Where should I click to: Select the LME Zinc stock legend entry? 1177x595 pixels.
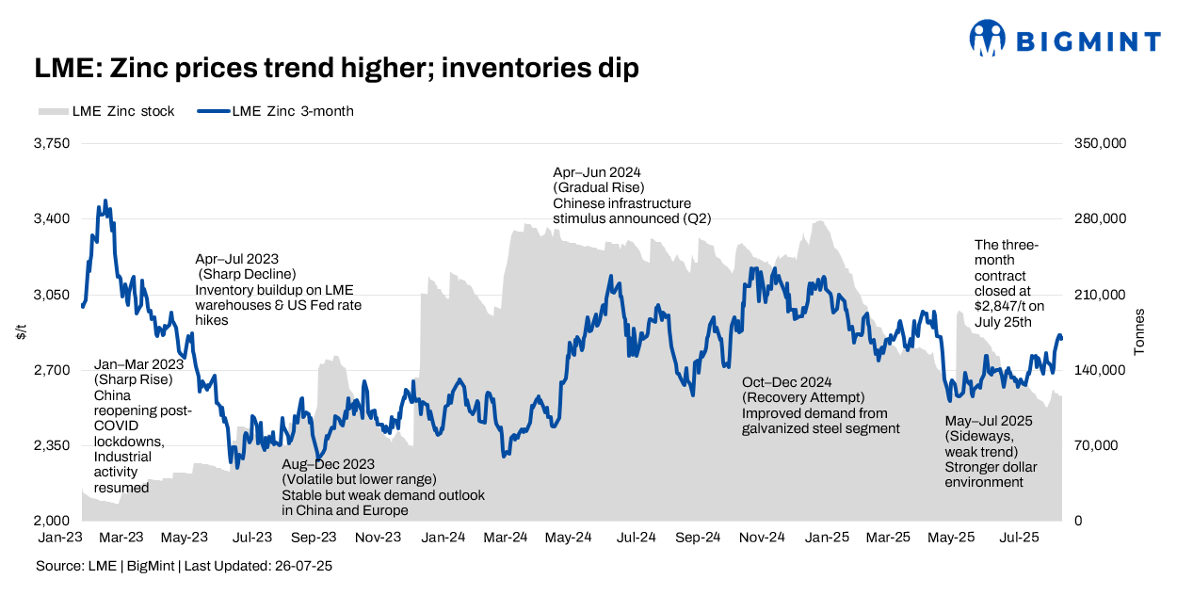click(x=106, y=111)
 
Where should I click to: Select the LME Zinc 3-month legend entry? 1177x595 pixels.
click(x=275, y=111)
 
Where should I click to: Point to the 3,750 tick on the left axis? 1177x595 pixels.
click(x=53, y=144)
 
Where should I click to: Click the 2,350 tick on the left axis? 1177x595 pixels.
click(x=53, y=445)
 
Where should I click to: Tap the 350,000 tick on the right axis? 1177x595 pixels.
click(x=1101, y=144)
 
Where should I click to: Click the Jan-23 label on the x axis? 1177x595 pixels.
click(x=57, y=538)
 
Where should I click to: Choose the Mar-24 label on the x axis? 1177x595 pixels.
click(x=506, y=538)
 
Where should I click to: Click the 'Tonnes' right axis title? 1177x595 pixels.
click(x=1139, y=331)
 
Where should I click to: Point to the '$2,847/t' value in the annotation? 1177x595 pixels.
click(x=1003, y=306)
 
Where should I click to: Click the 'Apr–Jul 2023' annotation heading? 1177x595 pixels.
click(x=236, y=259)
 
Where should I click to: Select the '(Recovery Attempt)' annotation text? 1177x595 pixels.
click(x=803, y=397)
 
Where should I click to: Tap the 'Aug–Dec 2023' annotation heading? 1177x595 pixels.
click(x=329, y=464)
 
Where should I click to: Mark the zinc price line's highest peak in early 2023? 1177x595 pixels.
click(x=105, y=201)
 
